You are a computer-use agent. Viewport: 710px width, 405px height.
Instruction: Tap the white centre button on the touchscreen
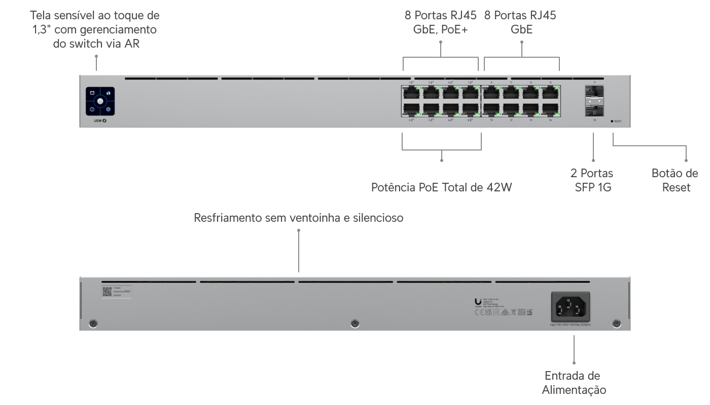click(100, 101)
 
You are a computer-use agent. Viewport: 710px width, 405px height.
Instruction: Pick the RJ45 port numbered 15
click(550, 93)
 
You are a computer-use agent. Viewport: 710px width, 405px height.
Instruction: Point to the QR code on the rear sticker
click(106, 291)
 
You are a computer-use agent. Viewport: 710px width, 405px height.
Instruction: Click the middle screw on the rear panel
click(355, 323)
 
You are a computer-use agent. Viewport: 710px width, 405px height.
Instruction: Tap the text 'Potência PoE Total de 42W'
click(442, 188)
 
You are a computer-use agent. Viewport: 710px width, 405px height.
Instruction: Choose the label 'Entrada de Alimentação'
click(574, 383)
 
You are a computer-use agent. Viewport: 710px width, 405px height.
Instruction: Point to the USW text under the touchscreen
click(98, 121)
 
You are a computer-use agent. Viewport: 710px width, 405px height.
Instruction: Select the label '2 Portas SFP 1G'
click(591, 180)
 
